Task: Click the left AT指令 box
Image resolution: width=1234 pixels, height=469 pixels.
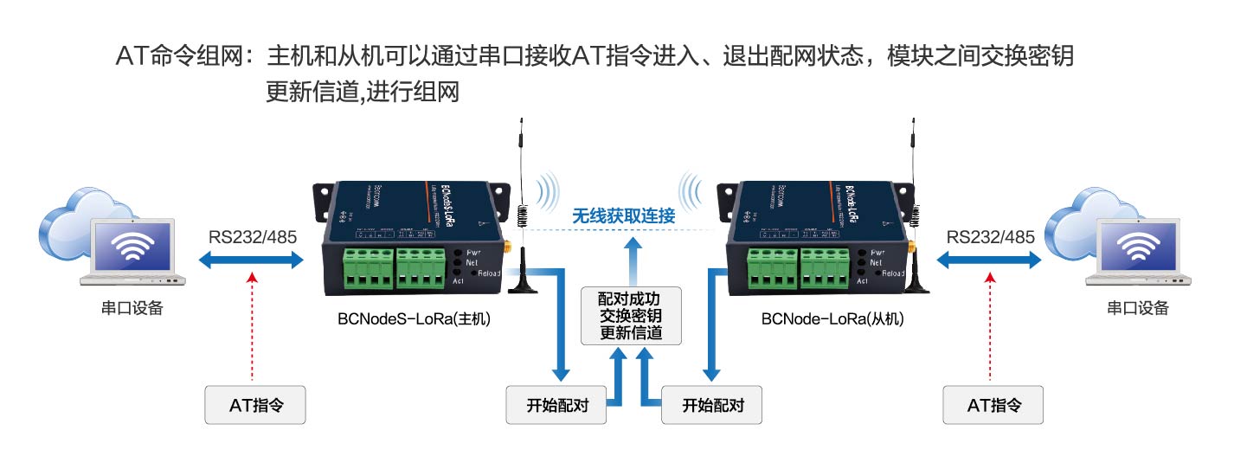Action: click(255, 404)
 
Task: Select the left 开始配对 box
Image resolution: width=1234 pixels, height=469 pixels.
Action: click(556, 404)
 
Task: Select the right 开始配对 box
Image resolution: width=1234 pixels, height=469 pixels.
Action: click(711, 404)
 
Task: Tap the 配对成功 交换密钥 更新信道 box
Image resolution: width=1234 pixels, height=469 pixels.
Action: click(631, 316)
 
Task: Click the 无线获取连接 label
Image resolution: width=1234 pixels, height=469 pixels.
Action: click(623, 215)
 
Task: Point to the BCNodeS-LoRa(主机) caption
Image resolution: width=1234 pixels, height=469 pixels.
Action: click(415, 318)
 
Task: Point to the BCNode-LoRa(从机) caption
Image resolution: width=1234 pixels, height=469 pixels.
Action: click(832, 318)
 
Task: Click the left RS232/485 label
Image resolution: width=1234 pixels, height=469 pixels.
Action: click(251, 236)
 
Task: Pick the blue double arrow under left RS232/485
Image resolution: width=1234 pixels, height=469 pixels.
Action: click(251, 258)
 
